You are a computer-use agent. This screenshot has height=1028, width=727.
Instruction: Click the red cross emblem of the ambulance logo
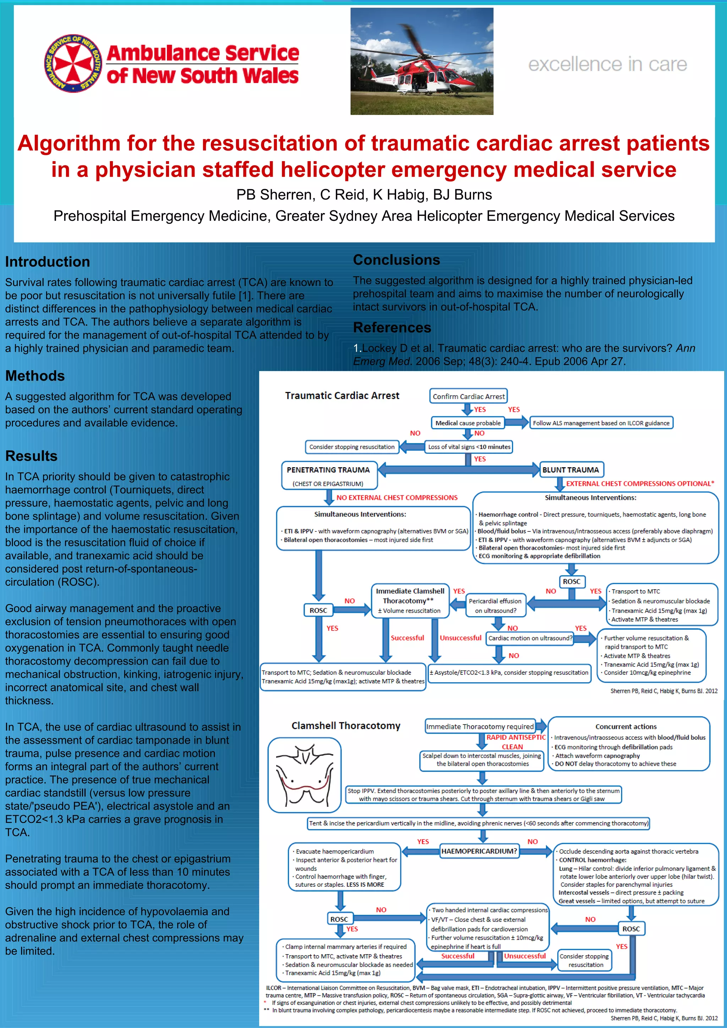(73, 63)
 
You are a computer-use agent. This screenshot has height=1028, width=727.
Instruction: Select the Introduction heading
(48, 262)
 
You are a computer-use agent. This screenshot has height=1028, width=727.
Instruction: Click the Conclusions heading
(396, 260)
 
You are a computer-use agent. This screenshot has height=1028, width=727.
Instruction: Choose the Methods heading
(35, 376)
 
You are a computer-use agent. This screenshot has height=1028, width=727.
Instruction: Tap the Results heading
(31, 456)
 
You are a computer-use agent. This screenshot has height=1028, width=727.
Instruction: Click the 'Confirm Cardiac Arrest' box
(468, 396)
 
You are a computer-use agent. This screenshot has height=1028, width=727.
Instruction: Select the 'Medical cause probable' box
(468, 423)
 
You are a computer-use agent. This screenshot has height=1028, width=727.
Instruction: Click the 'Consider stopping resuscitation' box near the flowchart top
(352, 447)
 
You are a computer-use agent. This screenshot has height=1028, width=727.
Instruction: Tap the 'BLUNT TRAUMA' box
(570, 470)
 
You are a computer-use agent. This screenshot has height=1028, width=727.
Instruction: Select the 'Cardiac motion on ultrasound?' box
(530, 638)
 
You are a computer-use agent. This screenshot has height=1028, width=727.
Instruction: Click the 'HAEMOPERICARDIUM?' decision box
(479, 851)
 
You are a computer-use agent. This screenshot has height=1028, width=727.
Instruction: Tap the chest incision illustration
(305, 775)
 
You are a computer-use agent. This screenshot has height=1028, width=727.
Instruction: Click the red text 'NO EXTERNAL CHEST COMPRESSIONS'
(397, 497)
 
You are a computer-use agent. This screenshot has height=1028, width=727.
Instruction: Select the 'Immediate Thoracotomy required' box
(480, 726)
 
